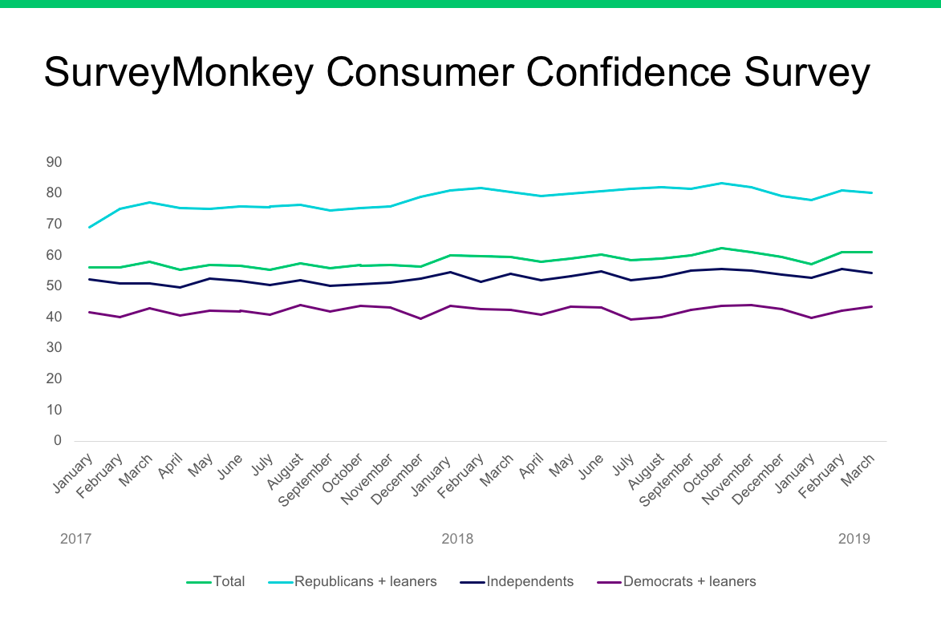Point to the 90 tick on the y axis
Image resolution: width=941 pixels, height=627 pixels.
point(54,162)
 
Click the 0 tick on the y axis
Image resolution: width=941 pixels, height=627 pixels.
point(58,440)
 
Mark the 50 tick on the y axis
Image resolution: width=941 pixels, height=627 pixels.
point(54,285)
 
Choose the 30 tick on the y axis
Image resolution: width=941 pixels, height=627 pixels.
point(54,347)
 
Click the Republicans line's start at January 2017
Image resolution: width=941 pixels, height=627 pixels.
point(89,228)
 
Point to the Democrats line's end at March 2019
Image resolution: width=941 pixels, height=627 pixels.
point(872,306)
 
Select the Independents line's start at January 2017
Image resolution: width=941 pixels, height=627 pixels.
point(89,279)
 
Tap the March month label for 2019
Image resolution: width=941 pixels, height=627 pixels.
point(859,465)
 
